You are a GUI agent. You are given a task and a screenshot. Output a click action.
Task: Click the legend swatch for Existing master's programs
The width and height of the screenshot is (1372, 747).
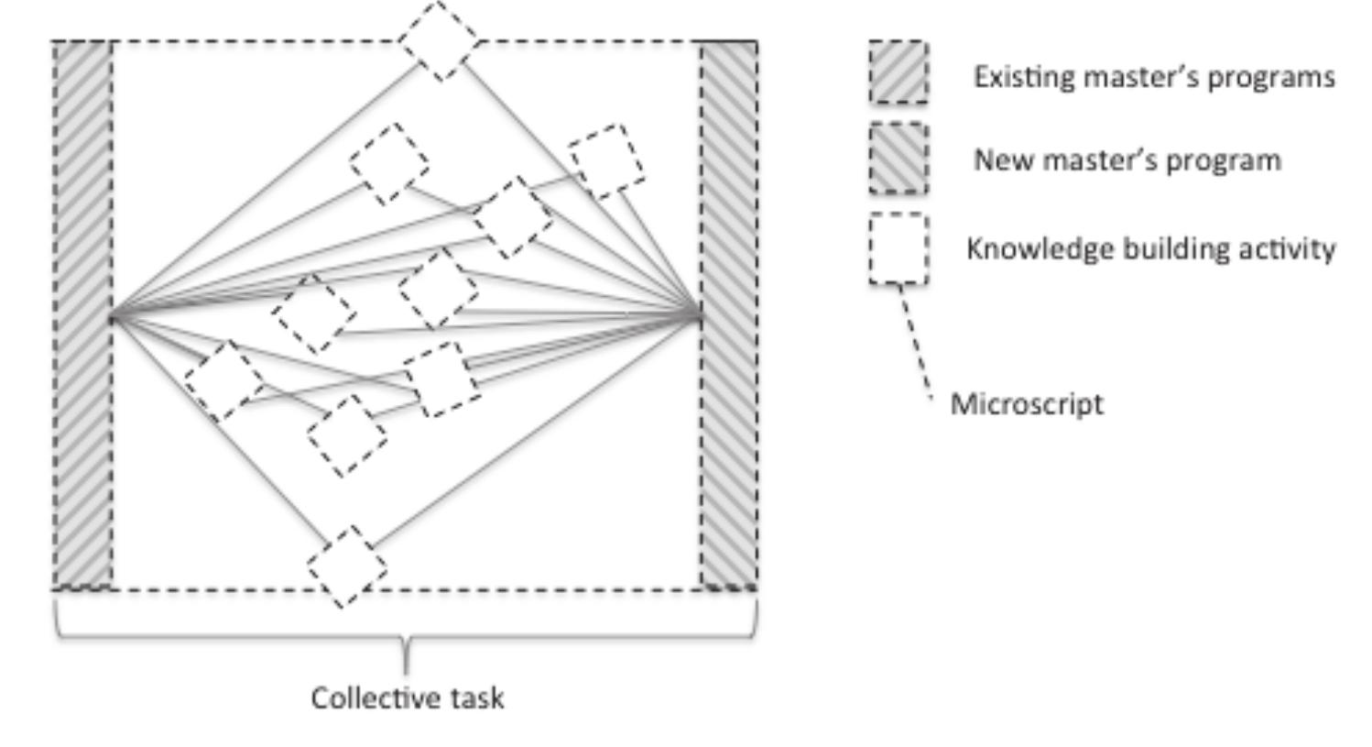[898, 72]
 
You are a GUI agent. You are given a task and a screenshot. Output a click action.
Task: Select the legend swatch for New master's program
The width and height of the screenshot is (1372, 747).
[898, 159]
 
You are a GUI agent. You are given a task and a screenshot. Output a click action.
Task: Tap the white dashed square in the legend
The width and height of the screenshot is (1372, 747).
[898, 248]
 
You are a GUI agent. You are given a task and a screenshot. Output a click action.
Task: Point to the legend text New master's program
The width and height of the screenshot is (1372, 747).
[1127, 160]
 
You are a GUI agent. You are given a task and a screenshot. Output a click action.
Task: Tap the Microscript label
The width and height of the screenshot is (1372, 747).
[1026, 404]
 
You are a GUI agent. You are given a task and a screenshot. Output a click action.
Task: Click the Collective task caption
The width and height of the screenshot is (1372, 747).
[407, 698]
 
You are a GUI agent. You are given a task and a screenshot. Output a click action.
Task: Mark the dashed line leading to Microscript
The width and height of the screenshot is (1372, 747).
[915, 339]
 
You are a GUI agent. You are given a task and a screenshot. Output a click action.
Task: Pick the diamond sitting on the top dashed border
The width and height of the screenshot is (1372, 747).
[439, 40]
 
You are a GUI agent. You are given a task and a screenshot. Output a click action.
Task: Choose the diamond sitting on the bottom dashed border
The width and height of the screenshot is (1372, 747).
[346, 566]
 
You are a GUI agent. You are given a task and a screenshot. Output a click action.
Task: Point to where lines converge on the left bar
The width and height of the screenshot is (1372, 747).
[113, 318]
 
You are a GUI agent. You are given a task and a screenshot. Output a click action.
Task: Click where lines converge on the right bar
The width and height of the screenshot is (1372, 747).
[701, 317]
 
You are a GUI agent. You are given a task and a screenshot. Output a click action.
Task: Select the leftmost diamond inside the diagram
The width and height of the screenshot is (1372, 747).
[223, 380]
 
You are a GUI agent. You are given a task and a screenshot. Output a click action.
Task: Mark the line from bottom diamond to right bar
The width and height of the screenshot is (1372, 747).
[540, 431]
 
